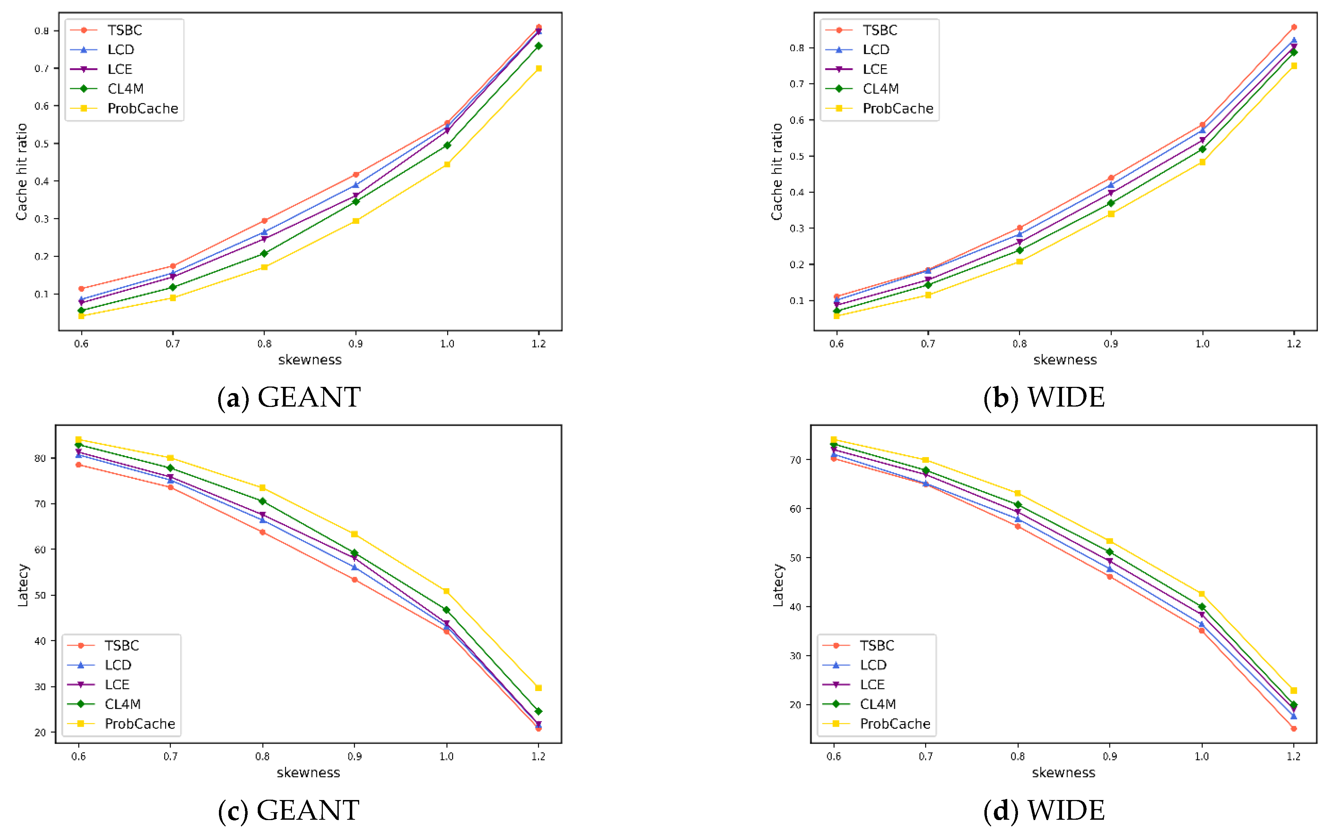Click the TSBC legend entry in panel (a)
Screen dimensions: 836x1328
[x=124, y=30]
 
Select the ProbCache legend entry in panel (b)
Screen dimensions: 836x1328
[x=897, y=109]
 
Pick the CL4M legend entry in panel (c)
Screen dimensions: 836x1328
[x=122, y=704]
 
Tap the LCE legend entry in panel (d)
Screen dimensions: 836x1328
[x=872, y=684]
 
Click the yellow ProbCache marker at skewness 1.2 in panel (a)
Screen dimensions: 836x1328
[x=539, y=68]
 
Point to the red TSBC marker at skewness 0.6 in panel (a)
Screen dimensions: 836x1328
[x=82, y=289]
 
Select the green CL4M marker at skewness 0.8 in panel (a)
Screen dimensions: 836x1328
[x=264, y=254]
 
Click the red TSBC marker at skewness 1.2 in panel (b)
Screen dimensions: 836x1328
[x=1294, y=27]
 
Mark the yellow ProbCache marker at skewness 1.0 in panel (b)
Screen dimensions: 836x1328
[x=1202, y=162]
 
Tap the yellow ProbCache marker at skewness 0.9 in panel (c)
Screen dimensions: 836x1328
[x=355, y=534]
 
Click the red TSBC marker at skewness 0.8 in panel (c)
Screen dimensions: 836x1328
[x=263, y=532]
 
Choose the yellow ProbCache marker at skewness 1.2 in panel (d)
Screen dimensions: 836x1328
[x=1294, y=691]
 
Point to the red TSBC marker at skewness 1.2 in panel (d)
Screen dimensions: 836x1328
[x=1294, y=728]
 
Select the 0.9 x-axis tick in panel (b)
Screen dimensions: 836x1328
[x=1111, y=344]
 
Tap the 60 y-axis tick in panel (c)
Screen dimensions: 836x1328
[x=40, y=549]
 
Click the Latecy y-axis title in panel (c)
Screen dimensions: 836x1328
[x=23, y=585]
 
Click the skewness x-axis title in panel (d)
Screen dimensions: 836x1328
[x=1063, y=773]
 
